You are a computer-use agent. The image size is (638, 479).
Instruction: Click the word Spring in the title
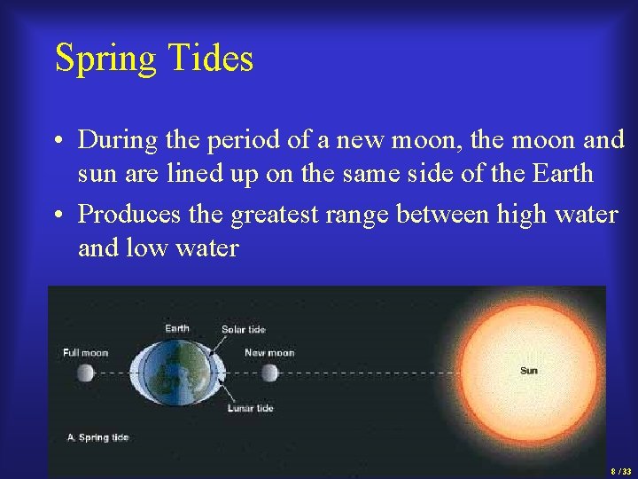point(103,59)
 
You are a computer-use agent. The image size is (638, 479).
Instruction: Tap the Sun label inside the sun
point(528,371)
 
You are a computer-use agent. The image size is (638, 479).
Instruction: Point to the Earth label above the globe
point(177,329)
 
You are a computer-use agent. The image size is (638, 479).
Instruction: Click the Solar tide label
point(244,330)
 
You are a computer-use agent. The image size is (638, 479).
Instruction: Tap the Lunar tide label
point(250,409)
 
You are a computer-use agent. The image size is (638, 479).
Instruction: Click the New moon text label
point(268,353)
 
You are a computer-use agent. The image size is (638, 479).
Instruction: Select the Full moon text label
point(86,353)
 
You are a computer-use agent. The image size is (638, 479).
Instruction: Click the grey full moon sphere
point(86,373)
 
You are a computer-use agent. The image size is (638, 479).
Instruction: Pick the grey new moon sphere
point(269,373)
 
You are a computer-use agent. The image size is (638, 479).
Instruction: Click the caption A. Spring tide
point(98,438)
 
